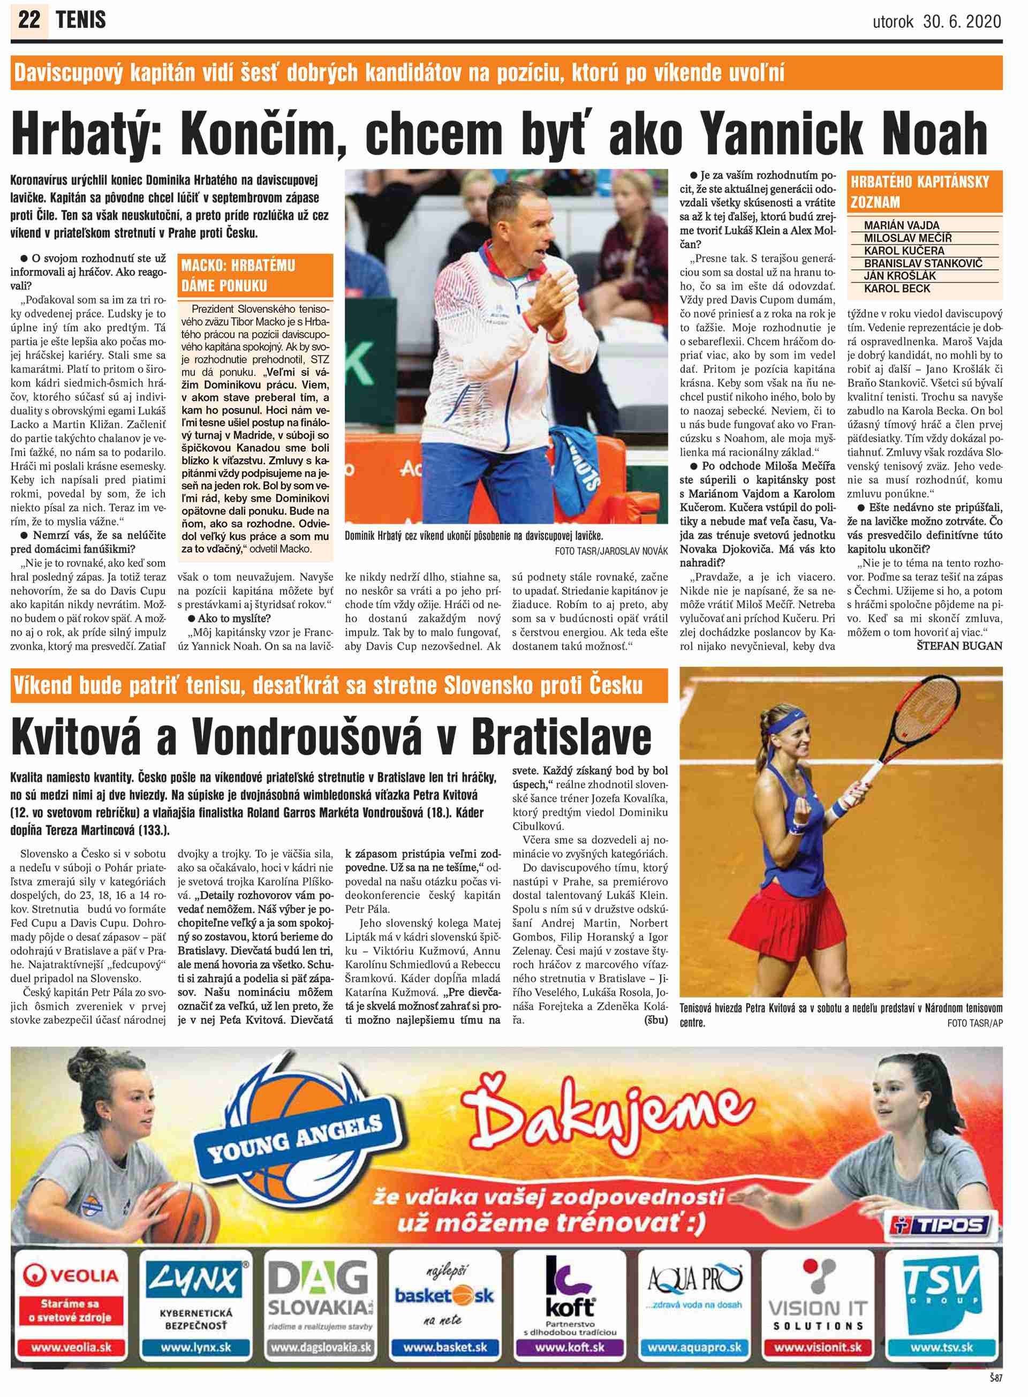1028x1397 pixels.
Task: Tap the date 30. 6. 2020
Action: coord(962,22)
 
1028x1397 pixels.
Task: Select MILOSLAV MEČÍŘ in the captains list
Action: coord(908,238)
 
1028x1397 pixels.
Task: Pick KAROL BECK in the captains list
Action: coord(897,289)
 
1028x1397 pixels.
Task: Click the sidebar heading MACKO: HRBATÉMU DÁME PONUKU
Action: coord(238,276)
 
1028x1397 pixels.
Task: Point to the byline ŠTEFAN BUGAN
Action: coord(959,645)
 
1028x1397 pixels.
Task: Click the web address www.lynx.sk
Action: coord(195,1347)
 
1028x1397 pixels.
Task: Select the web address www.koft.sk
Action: coord(569,1347)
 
